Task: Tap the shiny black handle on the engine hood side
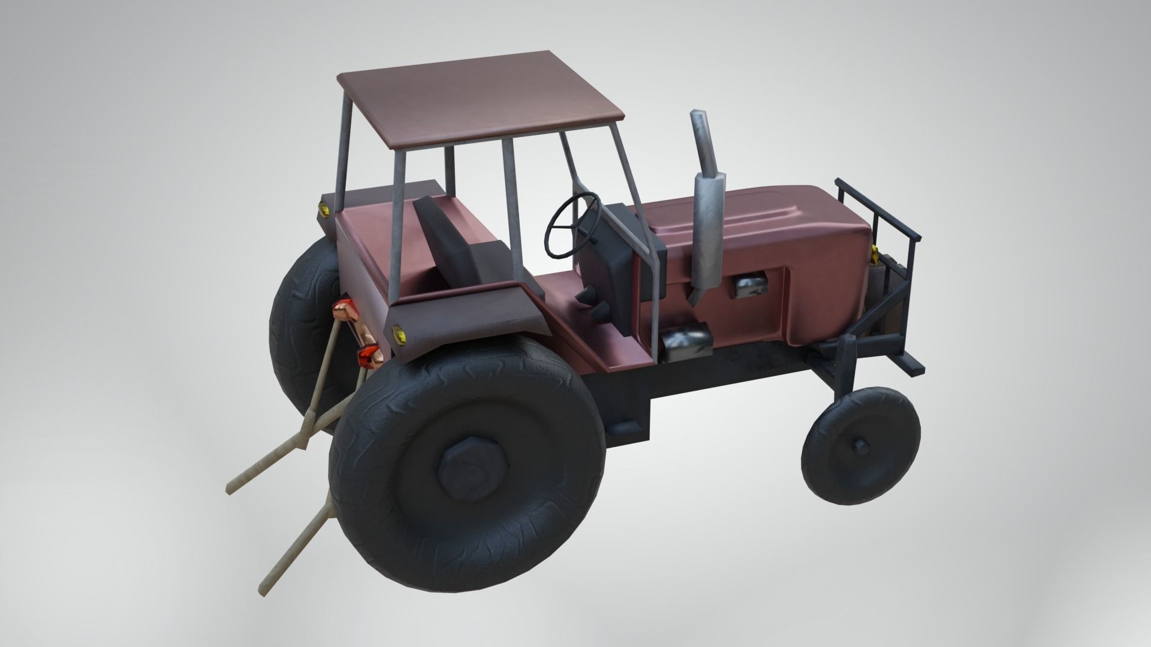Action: tap(748, 286)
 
